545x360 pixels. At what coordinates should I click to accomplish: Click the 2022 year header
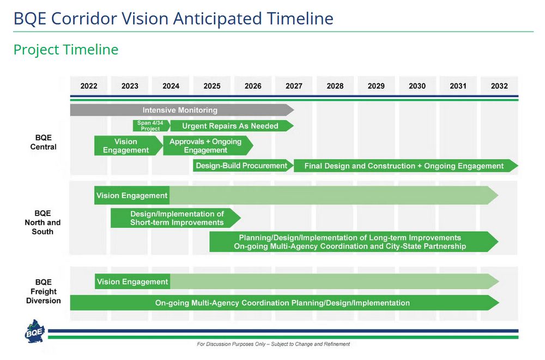[89, 86]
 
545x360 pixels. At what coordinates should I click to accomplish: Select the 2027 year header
[294, 86]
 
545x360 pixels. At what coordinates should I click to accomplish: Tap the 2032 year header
[499, 86]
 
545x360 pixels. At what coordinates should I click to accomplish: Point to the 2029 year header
[376, 86]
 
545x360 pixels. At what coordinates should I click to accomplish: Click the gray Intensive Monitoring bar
[180, 110]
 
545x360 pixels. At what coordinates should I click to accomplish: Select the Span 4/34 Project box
[150, 126]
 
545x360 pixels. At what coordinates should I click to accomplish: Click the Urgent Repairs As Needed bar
[230, 126]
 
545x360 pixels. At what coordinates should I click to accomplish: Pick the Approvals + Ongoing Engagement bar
[206, 146]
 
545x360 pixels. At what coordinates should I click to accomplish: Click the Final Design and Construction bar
[404, 166]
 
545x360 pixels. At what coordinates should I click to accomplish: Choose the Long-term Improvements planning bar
[350, 242]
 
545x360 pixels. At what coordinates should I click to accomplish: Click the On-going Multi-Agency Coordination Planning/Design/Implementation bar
[282, 303]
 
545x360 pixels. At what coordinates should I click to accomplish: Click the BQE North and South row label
[43, 223]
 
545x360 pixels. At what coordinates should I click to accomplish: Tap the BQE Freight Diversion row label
[43, 291]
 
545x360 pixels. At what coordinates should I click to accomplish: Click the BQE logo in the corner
[35, 332]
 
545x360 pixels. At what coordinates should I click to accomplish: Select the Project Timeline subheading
[66, 50]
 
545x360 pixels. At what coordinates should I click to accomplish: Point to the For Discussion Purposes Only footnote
[273, 344]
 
